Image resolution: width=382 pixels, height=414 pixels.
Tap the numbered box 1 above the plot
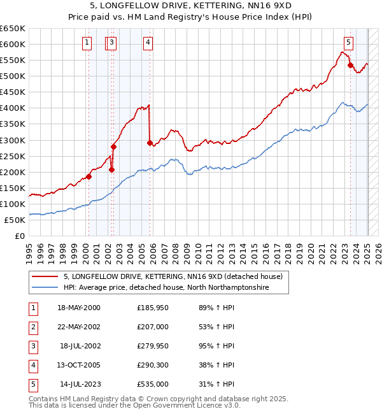tap(87, 43)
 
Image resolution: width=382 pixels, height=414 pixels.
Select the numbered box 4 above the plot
tap(148, 43)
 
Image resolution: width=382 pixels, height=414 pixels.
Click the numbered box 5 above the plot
tap(348, 43)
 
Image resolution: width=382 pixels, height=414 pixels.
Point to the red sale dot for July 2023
tap(350, 65)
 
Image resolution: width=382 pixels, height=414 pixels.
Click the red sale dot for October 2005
tap(150, 143)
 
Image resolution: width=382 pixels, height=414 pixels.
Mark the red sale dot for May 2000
tap(88, 176)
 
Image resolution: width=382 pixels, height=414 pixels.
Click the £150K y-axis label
tap(13, 189)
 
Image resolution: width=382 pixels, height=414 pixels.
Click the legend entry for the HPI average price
tap(166, 288)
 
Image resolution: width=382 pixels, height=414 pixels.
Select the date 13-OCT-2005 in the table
tap(79, 366)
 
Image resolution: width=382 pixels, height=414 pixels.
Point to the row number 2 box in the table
tap(32, 327)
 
